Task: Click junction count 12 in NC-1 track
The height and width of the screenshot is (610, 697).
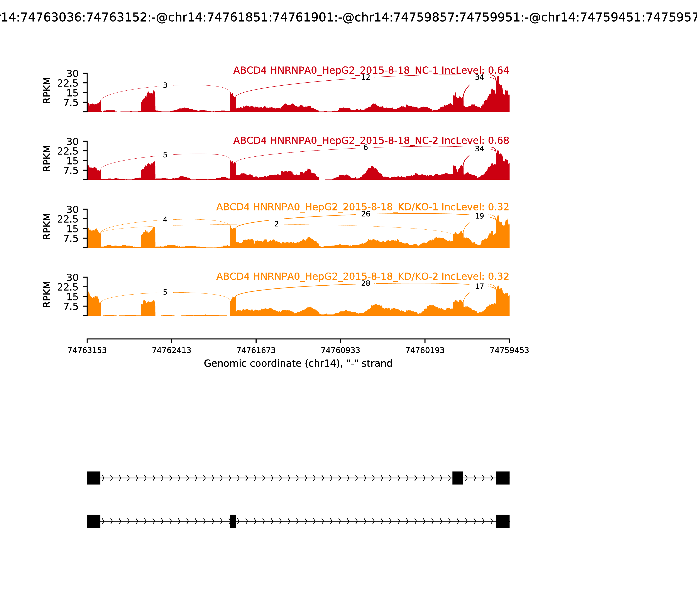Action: (365, 77)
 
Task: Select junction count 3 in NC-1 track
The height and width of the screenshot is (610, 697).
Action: (165, 85)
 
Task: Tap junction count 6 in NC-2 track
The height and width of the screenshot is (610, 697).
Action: (365, 147)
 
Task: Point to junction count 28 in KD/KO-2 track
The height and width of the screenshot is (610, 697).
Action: (365, 284)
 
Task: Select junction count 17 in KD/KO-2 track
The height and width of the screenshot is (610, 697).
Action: (479, 287)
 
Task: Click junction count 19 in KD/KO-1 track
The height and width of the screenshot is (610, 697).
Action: (479, 216)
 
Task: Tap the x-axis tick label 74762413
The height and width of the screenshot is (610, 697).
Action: (172, 350)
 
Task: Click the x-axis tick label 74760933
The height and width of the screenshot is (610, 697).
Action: (340, 350)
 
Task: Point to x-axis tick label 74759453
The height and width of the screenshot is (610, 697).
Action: (509, 350)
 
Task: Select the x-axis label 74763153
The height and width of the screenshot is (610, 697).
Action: (87, 350)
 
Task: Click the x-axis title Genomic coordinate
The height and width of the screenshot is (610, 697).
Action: (298, 364)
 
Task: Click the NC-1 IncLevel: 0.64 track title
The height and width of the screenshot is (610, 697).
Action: (371, 70)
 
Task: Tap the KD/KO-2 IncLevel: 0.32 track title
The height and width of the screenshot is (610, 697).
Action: (362, 276)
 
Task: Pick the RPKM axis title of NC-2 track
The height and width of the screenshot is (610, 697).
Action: (47, 158)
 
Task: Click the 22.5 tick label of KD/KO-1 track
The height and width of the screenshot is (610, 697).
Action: (68, 219)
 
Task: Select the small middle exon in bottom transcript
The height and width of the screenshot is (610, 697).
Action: (233, 521)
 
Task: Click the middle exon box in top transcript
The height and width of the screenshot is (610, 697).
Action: (458, 478)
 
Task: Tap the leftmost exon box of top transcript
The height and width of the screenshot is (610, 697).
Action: (94, 478)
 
